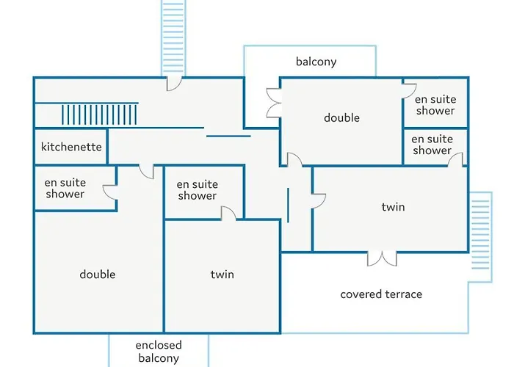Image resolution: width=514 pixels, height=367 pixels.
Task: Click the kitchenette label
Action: [x=71, y=147]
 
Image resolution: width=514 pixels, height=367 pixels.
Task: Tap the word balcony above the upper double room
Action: [x=316, y=62]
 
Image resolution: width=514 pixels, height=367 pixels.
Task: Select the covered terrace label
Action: [x=381, y=294]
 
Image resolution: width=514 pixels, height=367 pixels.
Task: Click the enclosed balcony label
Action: [x=159, y=352]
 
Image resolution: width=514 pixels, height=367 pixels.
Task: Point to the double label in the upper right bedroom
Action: [x=342, y=117]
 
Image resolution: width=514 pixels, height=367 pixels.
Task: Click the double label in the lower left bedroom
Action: [x=98, y=275]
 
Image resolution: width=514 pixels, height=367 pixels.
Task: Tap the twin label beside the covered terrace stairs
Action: [x=393, y=207]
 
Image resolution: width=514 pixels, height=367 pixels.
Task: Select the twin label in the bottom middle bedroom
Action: [x=222, y=275]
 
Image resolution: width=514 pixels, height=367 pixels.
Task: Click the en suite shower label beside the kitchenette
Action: [x=65, y=188]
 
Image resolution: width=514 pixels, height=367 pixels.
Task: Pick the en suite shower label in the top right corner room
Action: [x=435, y=105]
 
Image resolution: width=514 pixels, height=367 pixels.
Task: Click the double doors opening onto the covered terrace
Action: [x=382, y=258]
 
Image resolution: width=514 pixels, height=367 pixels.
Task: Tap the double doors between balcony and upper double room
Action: [x=274, y=103]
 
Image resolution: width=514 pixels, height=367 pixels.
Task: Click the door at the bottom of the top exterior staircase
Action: [x=174, y=84]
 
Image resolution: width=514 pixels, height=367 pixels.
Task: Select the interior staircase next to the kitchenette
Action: [x=99, y=115]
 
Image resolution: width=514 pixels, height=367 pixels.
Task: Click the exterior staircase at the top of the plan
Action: [x=173, y=36]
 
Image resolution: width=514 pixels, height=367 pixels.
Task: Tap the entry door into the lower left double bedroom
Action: [x=147, y=172]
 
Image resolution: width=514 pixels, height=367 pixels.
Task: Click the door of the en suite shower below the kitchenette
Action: [x=110, y=192]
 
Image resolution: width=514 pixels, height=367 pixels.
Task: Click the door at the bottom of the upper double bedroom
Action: [x=294, y=160]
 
